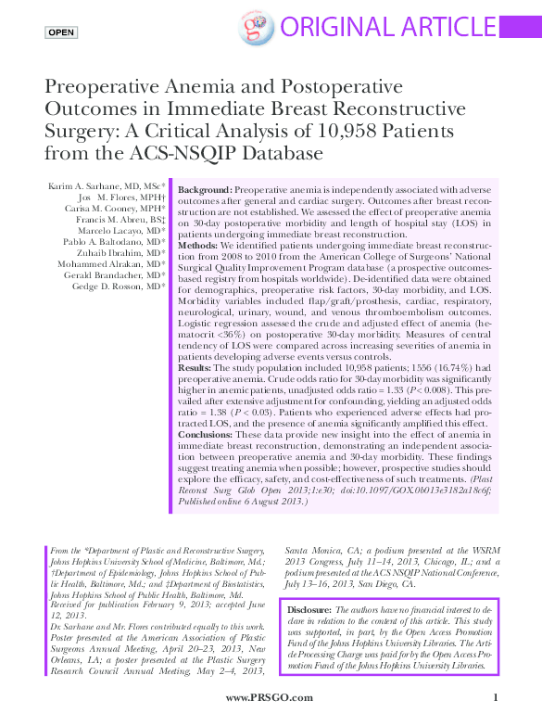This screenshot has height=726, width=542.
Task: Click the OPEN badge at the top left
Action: pos(61,32)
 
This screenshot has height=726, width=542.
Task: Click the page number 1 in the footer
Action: pos(496,696)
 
